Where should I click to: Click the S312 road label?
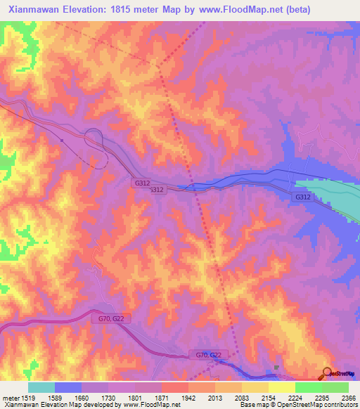coord(157,190)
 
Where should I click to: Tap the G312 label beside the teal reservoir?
coord(302,197)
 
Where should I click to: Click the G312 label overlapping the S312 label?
coord(141,183)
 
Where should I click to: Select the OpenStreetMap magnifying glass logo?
coord(328,372)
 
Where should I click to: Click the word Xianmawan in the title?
coord(34,9)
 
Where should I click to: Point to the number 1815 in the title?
coord(132,9)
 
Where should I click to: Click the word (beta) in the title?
coord(294,9)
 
